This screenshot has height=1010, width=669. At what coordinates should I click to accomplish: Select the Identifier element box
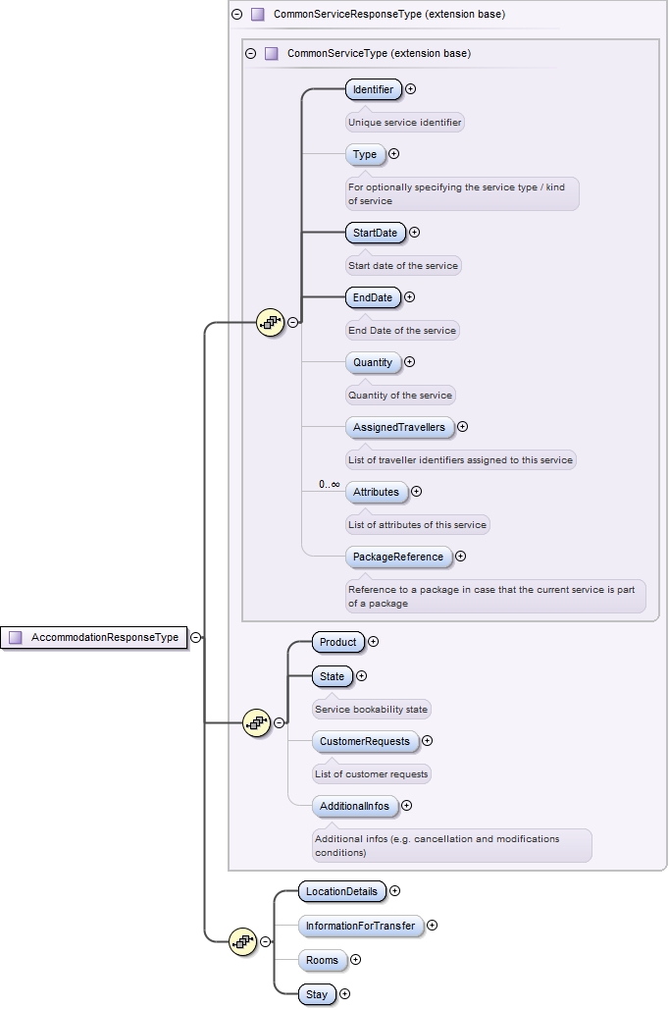(x=373, y=89)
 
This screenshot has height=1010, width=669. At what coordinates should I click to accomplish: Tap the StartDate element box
(x=375, y=233)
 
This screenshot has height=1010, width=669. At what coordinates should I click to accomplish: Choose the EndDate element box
(x=373, y=297)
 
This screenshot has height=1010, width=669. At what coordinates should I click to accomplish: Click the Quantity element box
(x=373, y=362)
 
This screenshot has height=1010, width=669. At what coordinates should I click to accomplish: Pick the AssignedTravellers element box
(x=399, y=427)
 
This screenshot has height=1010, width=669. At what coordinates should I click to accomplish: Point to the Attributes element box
(x=376, y=492)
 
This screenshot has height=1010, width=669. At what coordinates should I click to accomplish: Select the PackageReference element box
(x=398, y=557)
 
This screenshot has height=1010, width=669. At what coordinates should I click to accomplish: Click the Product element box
(x=337, y=642)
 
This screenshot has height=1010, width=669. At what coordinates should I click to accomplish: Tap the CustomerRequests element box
(x=364, y=741)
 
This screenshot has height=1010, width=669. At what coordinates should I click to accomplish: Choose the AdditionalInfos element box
(x=355, y=806)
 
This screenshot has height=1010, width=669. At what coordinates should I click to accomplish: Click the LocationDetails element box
(x=341, y=891)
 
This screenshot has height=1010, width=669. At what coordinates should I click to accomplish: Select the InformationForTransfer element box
(x=360, y=926)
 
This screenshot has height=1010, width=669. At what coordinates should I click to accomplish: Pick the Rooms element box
(x=322, y=960)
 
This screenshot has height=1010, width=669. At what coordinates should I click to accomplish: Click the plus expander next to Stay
(x=344, y=994)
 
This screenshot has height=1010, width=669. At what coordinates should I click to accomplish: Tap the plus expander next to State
(x=361, y=675)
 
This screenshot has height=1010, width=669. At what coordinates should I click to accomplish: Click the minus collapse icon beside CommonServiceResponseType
(x=236, y=15)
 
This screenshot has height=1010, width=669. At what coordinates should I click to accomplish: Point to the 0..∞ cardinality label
(x=329, y=484)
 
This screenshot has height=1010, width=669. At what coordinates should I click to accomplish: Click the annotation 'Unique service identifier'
(x=404, y=123)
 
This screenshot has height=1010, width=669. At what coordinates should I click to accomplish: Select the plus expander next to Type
(x=394, y=154)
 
